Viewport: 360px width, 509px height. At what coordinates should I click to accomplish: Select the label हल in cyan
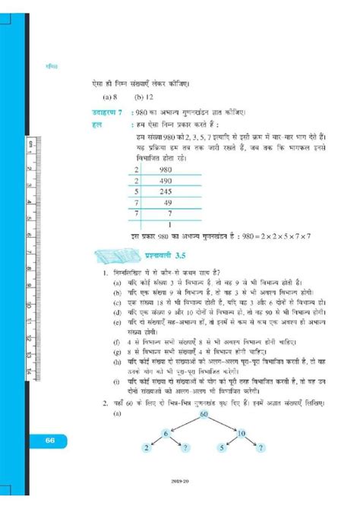(x=95, y=122)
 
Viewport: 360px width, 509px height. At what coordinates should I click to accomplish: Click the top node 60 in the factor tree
(x=204, y=414)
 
